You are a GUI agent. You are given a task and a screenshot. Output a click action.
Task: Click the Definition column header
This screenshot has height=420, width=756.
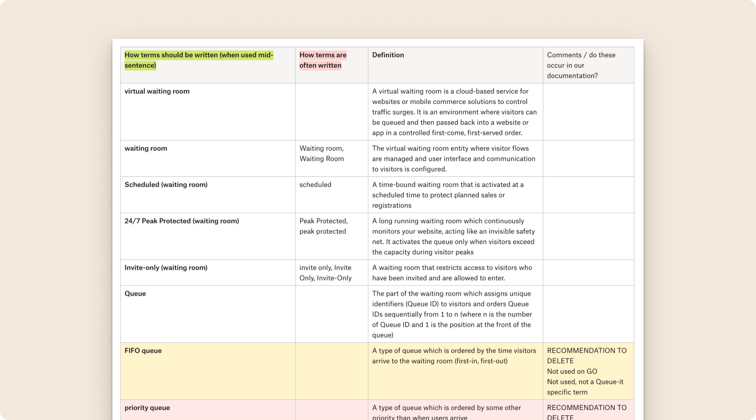coord(388,55)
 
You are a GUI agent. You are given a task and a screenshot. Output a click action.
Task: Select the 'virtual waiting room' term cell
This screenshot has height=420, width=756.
coord(157,91)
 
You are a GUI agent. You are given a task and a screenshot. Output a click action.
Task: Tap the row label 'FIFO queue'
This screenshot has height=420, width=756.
coord(143,351)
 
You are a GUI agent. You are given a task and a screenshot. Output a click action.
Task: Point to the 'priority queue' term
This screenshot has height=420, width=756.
coord(146,408)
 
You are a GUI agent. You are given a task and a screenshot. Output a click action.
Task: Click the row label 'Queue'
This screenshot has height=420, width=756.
coord(135,293)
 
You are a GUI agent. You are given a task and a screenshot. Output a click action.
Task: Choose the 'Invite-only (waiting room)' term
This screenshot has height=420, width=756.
coord(166,268)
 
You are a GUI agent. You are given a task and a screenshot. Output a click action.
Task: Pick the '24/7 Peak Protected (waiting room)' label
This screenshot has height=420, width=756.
coord(182,221)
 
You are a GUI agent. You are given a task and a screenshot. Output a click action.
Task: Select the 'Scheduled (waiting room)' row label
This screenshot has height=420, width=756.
coord(166,185)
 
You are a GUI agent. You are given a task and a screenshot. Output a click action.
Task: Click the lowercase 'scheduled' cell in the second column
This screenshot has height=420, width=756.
coord(315,185)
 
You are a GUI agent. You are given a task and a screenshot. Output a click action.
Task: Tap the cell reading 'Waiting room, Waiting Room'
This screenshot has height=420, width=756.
coord(321,153)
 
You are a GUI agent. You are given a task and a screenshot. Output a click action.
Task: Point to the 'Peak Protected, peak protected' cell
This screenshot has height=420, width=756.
coord(323,226)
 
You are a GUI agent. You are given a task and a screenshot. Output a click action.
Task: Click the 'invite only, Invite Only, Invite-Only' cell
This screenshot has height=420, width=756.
coord(325,273)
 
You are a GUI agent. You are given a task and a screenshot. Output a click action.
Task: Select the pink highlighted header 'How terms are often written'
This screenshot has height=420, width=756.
coord(323,60)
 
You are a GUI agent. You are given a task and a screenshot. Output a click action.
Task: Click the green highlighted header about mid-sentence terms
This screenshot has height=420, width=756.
coord(198,60)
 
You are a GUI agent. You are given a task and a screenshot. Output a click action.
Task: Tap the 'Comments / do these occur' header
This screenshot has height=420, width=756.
coord(581,65)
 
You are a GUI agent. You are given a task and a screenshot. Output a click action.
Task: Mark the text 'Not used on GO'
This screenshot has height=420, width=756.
coord(572,371)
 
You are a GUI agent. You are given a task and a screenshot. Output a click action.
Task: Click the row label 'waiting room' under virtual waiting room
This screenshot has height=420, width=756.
coord(146,149)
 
